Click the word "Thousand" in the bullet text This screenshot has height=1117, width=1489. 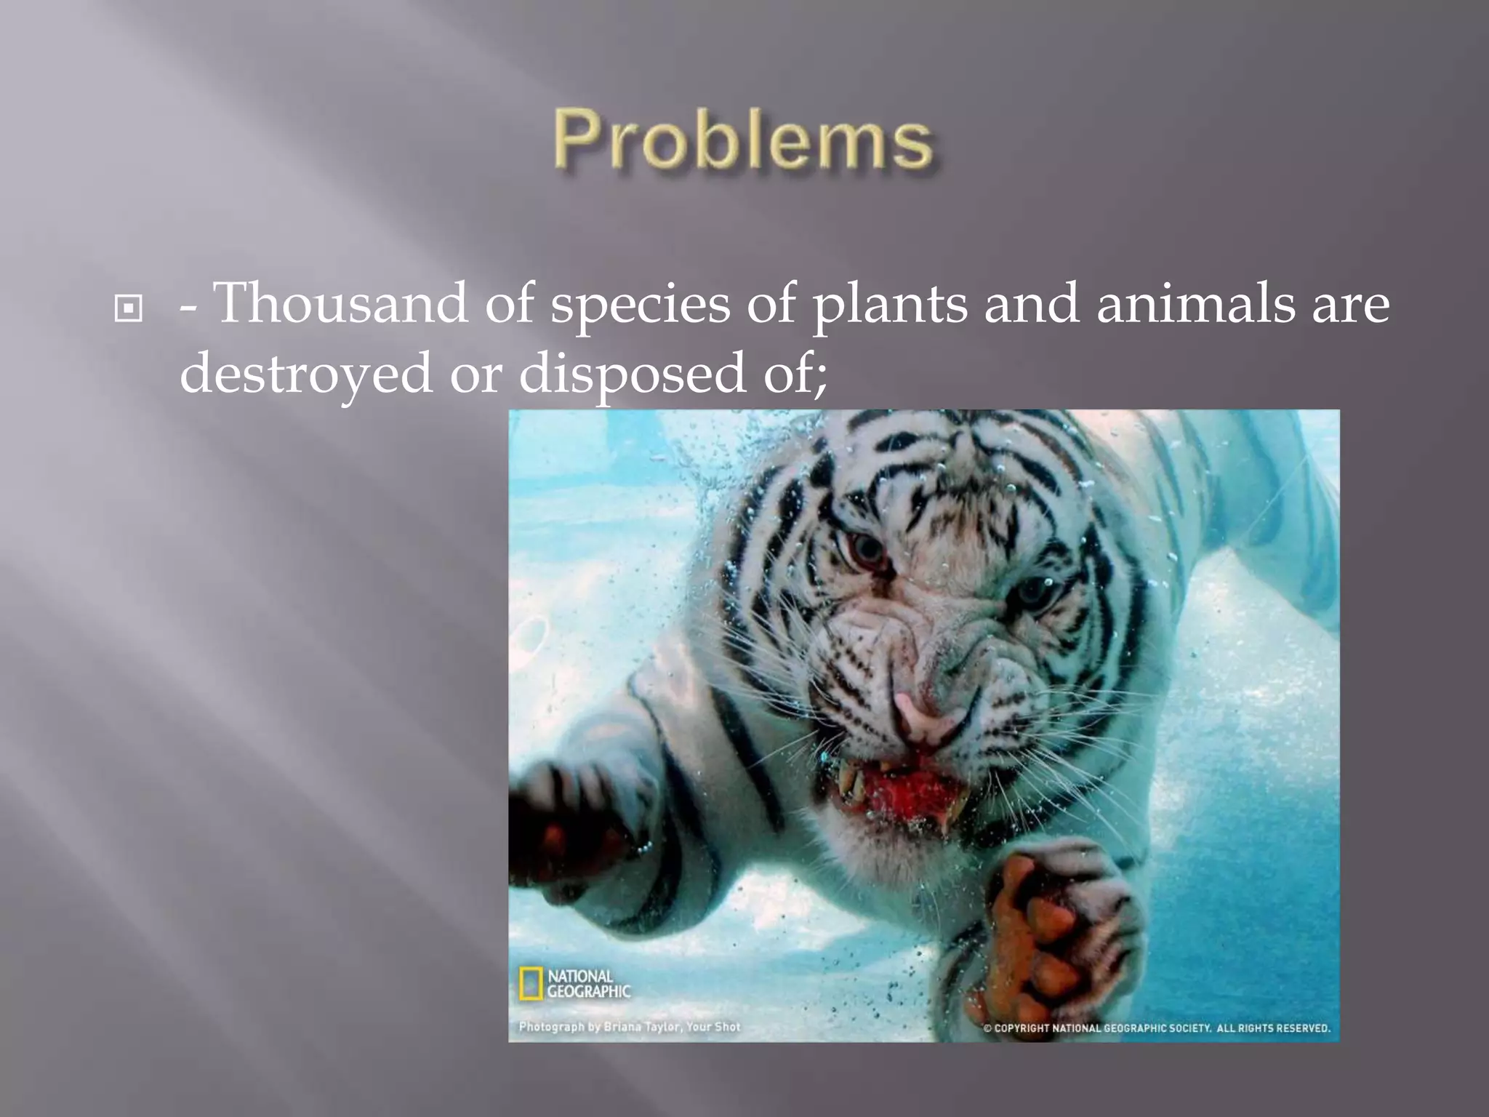[342, 304]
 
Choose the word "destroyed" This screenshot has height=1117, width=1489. [305, 375]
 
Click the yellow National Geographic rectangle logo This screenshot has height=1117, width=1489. [531, 983]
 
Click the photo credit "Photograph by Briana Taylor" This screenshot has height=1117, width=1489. [630, 1027]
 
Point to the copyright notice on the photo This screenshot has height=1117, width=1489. [1157, 1028]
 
